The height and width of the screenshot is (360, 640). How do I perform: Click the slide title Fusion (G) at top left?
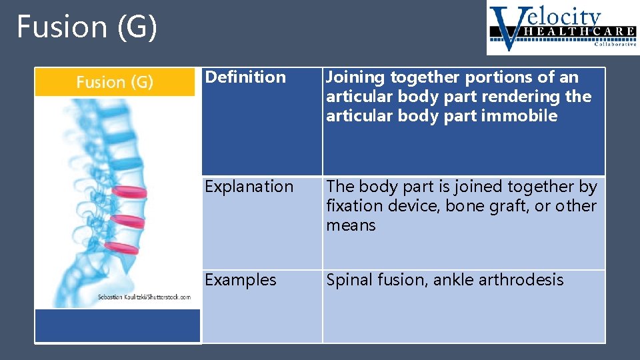(x=87, y=27)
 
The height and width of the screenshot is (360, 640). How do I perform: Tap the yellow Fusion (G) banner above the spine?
(x=115, y=82)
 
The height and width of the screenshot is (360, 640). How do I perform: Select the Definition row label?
(x=245, y=77)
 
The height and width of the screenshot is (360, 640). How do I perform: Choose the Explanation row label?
(x=249, y=187)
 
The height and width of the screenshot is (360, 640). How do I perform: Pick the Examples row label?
(x=240, y=280)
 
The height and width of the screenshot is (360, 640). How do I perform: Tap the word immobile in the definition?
(x=521, y=116)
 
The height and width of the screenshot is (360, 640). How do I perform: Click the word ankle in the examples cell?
(x=453, y=280)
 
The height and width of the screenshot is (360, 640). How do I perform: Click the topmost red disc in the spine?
(x=128, y=192)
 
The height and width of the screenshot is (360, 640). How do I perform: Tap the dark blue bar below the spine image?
(x=117, y=325)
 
